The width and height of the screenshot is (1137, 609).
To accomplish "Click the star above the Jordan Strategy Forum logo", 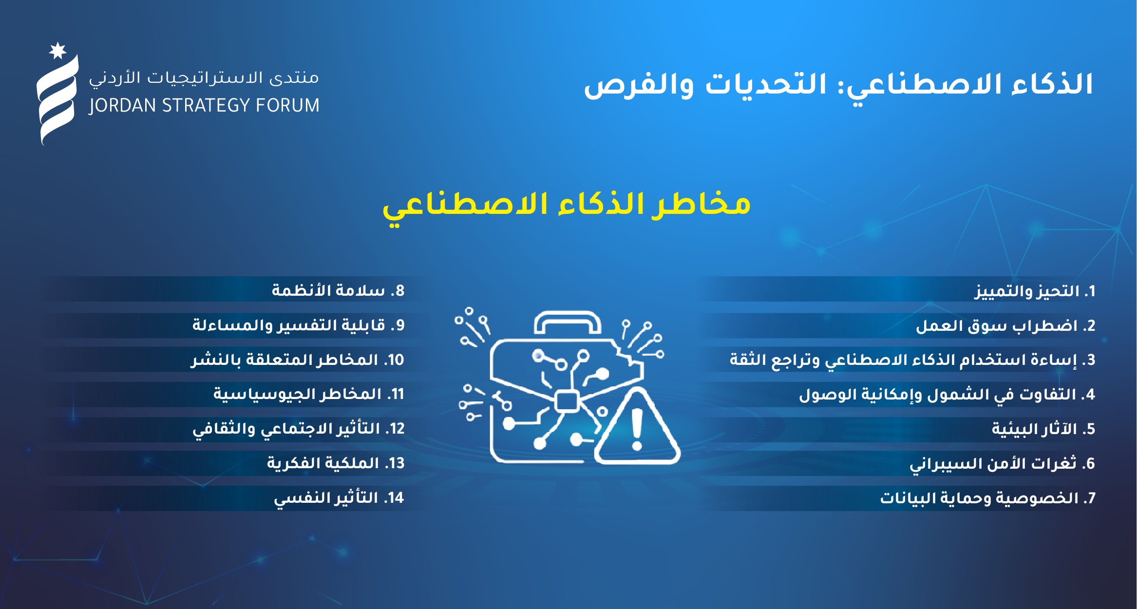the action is pyautogui.click(x=58, y=51).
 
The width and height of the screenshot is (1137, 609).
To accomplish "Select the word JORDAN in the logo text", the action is pyautogui.click(x=123, y=106).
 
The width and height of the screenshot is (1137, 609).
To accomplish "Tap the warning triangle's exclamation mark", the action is pyautogui.click(x=637, y=429).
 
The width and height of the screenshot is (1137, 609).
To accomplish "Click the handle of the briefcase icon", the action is pyautogui.click(x=568, y=322).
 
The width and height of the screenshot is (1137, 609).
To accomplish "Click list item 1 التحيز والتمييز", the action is pyautogui.click(x=1035, y=291).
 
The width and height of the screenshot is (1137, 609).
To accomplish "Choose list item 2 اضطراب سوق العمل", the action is pyautogui.click(x=1005, y=326).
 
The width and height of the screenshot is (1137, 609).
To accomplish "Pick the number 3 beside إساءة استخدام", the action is pyautogui.click(x=1090, y=360).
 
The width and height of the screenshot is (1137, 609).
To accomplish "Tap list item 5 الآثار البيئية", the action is pyautogui.click(x=1043, y=429).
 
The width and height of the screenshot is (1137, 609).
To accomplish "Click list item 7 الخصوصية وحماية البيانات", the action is pyautogui.click(x=988, y=498).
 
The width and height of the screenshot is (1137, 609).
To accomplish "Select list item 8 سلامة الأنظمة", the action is pyautogui.click(x=338, y=291).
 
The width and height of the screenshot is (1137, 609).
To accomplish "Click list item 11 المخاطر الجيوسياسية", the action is pyautogui.click(x=309, y=394).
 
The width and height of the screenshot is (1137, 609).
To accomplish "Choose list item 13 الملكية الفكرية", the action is pyautogui.click(x=336, y=463).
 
